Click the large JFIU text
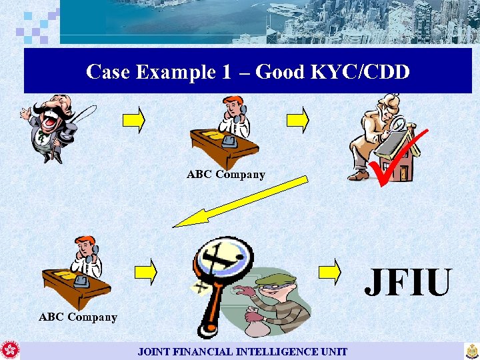coord(407,282)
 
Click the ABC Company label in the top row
coord(225,175)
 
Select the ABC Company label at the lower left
coord(77,317)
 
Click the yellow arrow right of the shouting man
coord(133,119)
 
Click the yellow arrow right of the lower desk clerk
coord(145,271)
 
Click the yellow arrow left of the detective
coord(297,119)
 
